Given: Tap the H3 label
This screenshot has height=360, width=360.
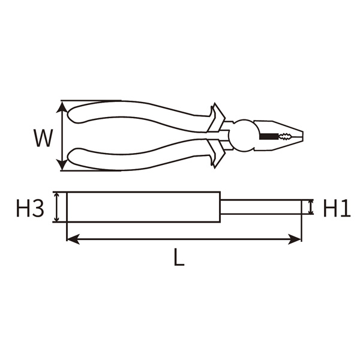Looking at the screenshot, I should (x=29, y=209).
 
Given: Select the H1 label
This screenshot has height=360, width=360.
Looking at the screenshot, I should (x=336, y=208).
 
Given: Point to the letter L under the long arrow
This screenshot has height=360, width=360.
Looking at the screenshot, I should (x=178, y=258).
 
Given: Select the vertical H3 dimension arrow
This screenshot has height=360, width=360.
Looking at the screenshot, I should (x=58, y=208).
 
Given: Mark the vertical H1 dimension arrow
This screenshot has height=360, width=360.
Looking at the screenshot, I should (x=310, y=208).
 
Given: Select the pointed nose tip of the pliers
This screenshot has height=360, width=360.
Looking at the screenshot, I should (x=304, y=136).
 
